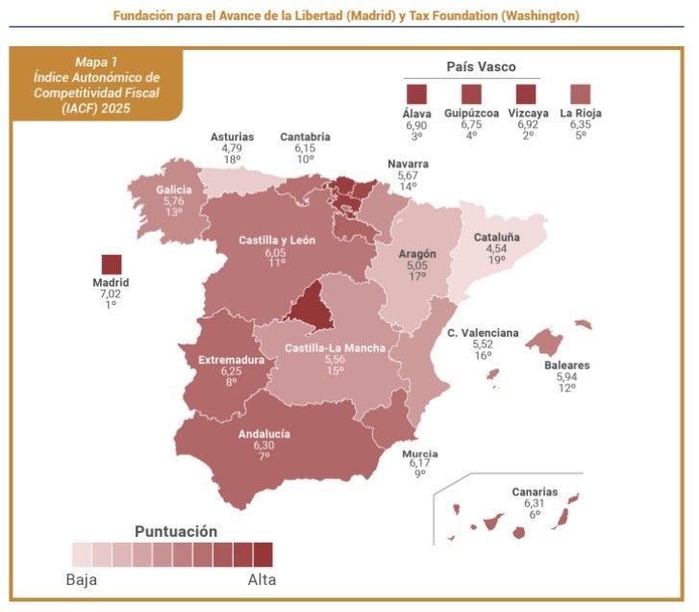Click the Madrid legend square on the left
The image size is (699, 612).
112,265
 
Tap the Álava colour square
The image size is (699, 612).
415,94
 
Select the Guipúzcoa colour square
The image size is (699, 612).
471,94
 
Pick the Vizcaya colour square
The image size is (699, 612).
526,94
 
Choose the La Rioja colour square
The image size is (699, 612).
581,94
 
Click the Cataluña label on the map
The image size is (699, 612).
497,237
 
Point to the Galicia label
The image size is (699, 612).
174,190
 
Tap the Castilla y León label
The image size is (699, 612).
276,241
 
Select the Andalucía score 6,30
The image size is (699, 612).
263,446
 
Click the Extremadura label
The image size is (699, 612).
231,360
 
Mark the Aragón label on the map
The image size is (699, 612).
417,254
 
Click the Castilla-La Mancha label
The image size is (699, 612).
335,347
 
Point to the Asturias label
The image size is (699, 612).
232,137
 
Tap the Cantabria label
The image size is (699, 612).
305,137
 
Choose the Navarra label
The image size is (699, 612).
408,164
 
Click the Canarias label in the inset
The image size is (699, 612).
535,492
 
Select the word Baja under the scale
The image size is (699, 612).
81,579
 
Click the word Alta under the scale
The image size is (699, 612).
262,579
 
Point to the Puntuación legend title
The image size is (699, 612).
176,530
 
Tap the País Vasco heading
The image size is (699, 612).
481,66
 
